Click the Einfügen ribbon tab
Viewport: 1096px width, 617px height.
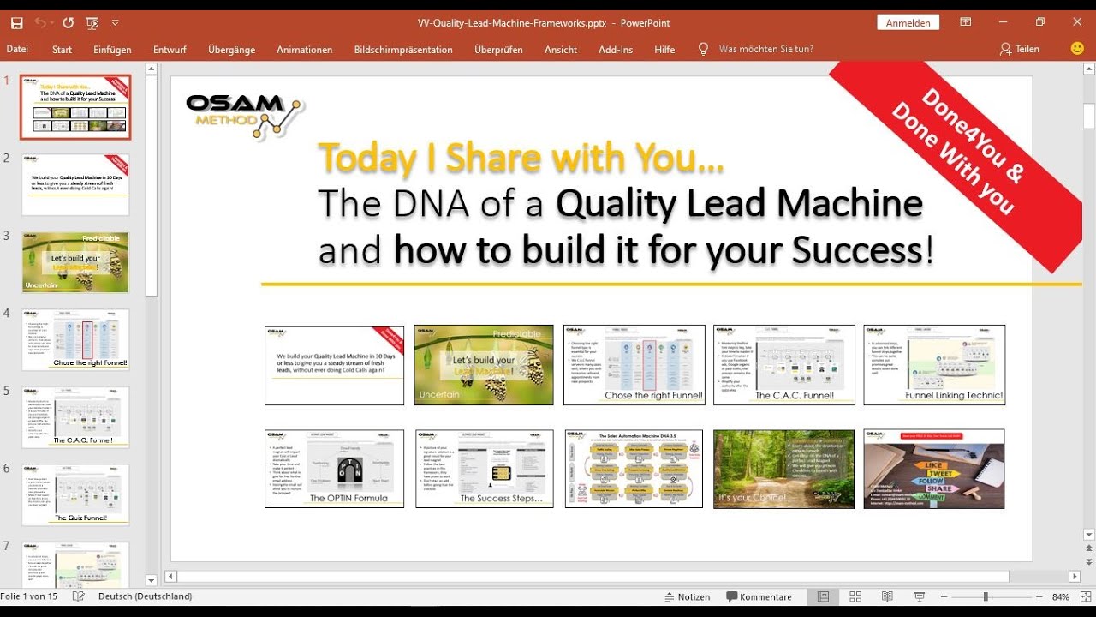(112, 50)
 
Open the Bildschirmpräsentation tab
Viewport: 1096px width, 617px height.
(402, 50)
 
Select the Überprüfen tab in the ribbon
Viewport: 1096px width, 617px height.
(498, 50)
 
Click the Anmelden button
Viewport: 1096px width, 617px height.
(908, 23)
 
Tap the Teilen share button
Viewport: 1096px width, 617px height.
(1019, 50)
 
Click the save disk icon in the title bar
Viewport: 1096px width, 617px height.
(16, 23)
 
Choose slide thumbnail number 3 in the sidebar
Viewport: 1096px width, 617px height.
(75, 262)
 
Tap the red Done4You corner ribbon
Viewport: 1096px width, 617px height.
(959, 146)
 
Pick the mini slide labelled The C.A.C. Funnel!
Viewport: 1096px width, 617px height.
(783, 365)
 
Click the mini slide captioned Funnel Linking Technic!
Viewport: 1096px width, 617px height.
(933, 365)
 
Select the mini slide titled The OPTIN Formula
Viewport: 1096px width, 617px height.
(334, 469)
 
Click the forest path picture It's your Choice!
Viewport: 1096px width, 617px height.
(783, 469)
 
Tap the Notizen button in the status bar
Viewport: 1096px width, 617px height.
(688, 596)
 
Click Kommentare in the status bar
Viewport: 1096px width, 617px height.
(759, 596)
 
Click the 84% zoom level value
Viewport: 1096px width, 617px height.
(1060, 596)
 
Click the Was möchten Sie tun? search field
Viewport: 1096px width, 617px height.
(765, 50)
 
